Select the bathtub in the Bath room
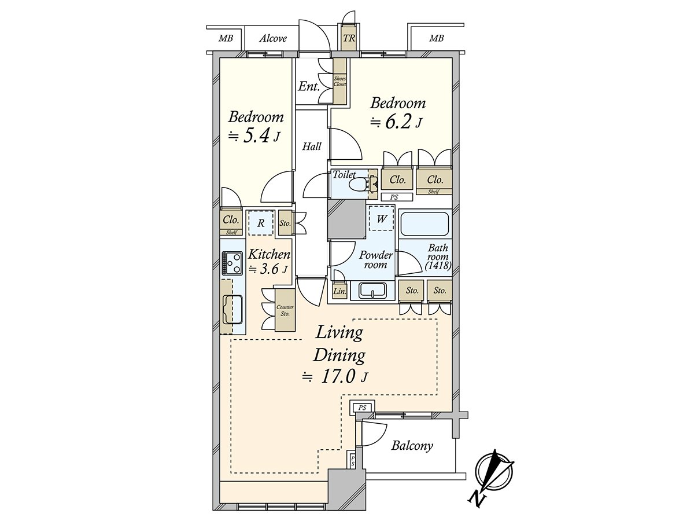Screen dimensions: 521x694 point(424,223)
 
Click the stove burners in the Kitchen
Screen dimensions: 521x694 point(232,263)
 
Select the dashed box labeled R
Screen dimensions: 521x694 point(261,222)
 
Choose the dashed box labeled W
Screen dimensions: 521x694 point(381,219)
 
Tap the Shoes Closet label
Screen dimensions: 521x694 point(339,81)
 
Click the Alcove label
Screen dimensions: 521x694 point(273,39)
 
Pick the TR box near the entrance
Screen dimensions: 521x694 point(349,39)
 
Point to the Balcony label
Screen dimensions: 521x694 point(412,446)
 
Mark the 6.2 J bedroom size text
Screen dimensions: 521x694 point(398,123)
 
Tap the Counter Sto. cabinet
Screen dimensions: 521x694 point(285,310)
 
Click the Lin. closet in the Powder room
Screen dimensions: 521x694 point(339,292)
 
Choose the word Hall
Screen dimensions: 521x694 point(312,147)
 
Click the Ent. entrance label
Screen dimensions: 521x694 point(309,87)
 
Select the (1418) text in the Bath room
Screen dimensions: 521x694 point(438,266)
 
